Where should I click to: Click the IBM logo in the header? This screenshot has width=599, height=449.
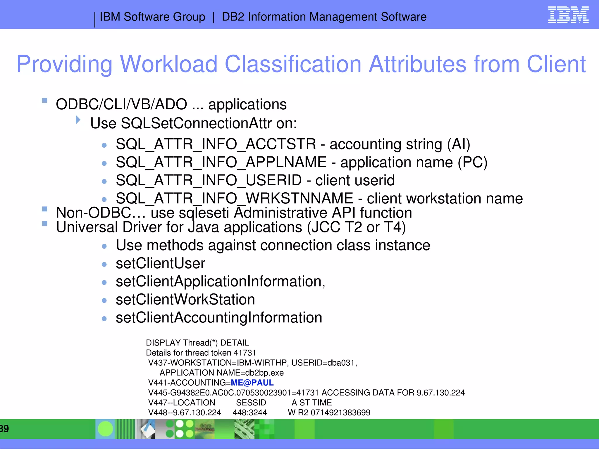pos(568,15)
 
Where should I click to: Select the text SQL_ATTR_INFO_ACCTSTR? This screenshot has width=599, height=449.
pos(216,144)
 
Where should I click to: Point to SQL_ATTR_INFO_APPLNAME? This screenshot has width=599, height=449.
pos(221,162)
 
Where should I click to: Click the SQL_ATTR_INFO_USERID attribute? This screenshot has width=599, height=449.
pos(209,180)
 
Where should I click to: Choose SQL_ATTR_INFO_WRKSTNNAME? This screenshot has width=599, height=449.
pos(235,198)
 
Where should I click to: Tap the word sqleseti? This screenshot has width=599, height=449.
pos(204,213)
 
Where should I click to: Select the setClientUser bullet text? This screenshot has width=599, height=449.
pos(161,263)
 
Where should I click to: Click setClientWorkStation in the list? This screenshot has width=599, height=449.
pos(185,300)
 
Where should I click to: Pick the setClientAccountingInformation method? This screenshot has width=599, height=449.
pos(219,318)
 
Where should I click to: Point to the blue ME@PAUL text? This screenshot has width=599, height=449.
pos(252,383)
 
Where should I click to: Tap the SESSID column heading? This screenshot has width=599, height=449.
pos(251,403)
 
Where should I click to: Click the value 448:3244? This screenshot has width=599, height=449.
pos(250,412)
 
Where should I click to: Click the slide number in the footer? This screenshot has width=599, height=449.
pos(4,429)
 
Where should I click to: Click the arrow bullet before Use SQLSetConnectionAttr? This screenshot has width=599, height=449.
pos(78,120)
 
